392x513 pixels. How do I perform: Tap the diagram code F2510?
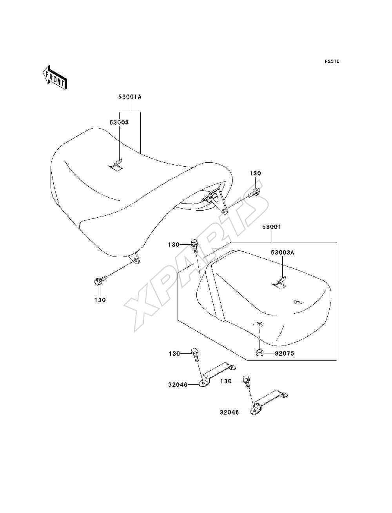tap(332, 61)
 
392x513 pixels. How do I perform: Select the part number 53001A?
tap(130, 96)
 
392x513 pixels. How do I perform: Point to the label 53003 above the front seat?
tap(119, 122)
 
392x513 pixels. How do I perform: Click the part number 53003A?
tap(283, 253)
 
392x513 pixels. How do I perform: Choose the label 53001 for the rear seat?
tap(271, 227)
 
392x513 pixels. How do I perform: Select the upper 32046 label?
tap(178, 384)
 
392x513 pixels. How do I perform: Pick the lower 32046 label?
tap(229, 413)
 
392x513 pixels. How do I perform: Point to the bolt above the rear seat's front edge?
tap(195, 246)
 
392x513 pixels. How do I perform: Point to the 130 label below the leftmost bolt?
tap(100, 300)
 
